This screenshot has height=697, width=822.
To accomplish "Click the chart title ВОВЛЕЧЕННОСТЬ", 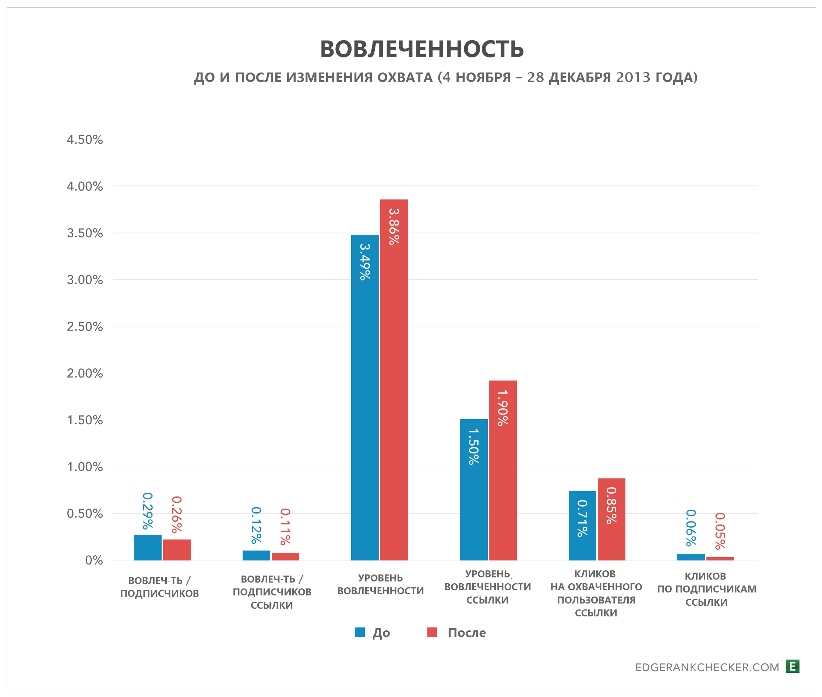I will pyautogui.click(x=421, y=49).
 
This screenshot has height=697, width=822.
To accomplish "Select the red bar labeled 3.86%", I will pyautogui.click(x=394, y=379).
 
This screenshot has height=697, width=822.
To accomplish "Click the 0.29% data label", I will pyautogui.click(x=147, y=511).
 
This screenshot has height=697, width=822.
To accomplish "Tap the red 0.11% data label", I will pyautogui.click(x=285, y=526).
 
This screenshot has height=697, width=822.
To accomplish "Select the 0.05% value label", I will pyautogui.click(x=720, y=531).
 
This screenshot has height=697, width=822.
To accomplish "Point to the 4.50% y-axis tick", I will pyautogui.click(x=85, y=139).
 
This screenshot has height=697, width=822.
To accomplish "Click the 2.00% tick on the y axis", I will pyautogui.click(x=85, y=374).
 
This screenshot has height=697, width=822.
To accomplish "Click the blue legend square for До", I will pyautogui.click(x=360, y=632).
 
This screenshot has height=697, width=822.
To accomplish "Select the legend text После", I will pyautogui.click(x=466, y=633).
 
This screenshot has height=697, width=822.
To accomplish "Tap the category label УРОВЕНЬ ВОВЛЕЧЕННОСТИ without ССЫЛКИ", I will pyautogui.click(x=380, y=584).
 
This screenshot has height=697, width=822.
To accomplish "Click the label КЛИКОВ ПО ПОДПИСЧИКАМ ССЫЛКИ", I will pyautogui.click(x=706, y=589).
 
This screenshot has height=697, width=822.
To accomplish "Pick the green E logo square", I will pyautogui.click(x=792, y=666).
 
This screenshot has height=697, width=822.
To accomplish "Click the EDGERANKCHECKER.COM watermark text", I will pyautogui.click(x=707, y=667).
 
